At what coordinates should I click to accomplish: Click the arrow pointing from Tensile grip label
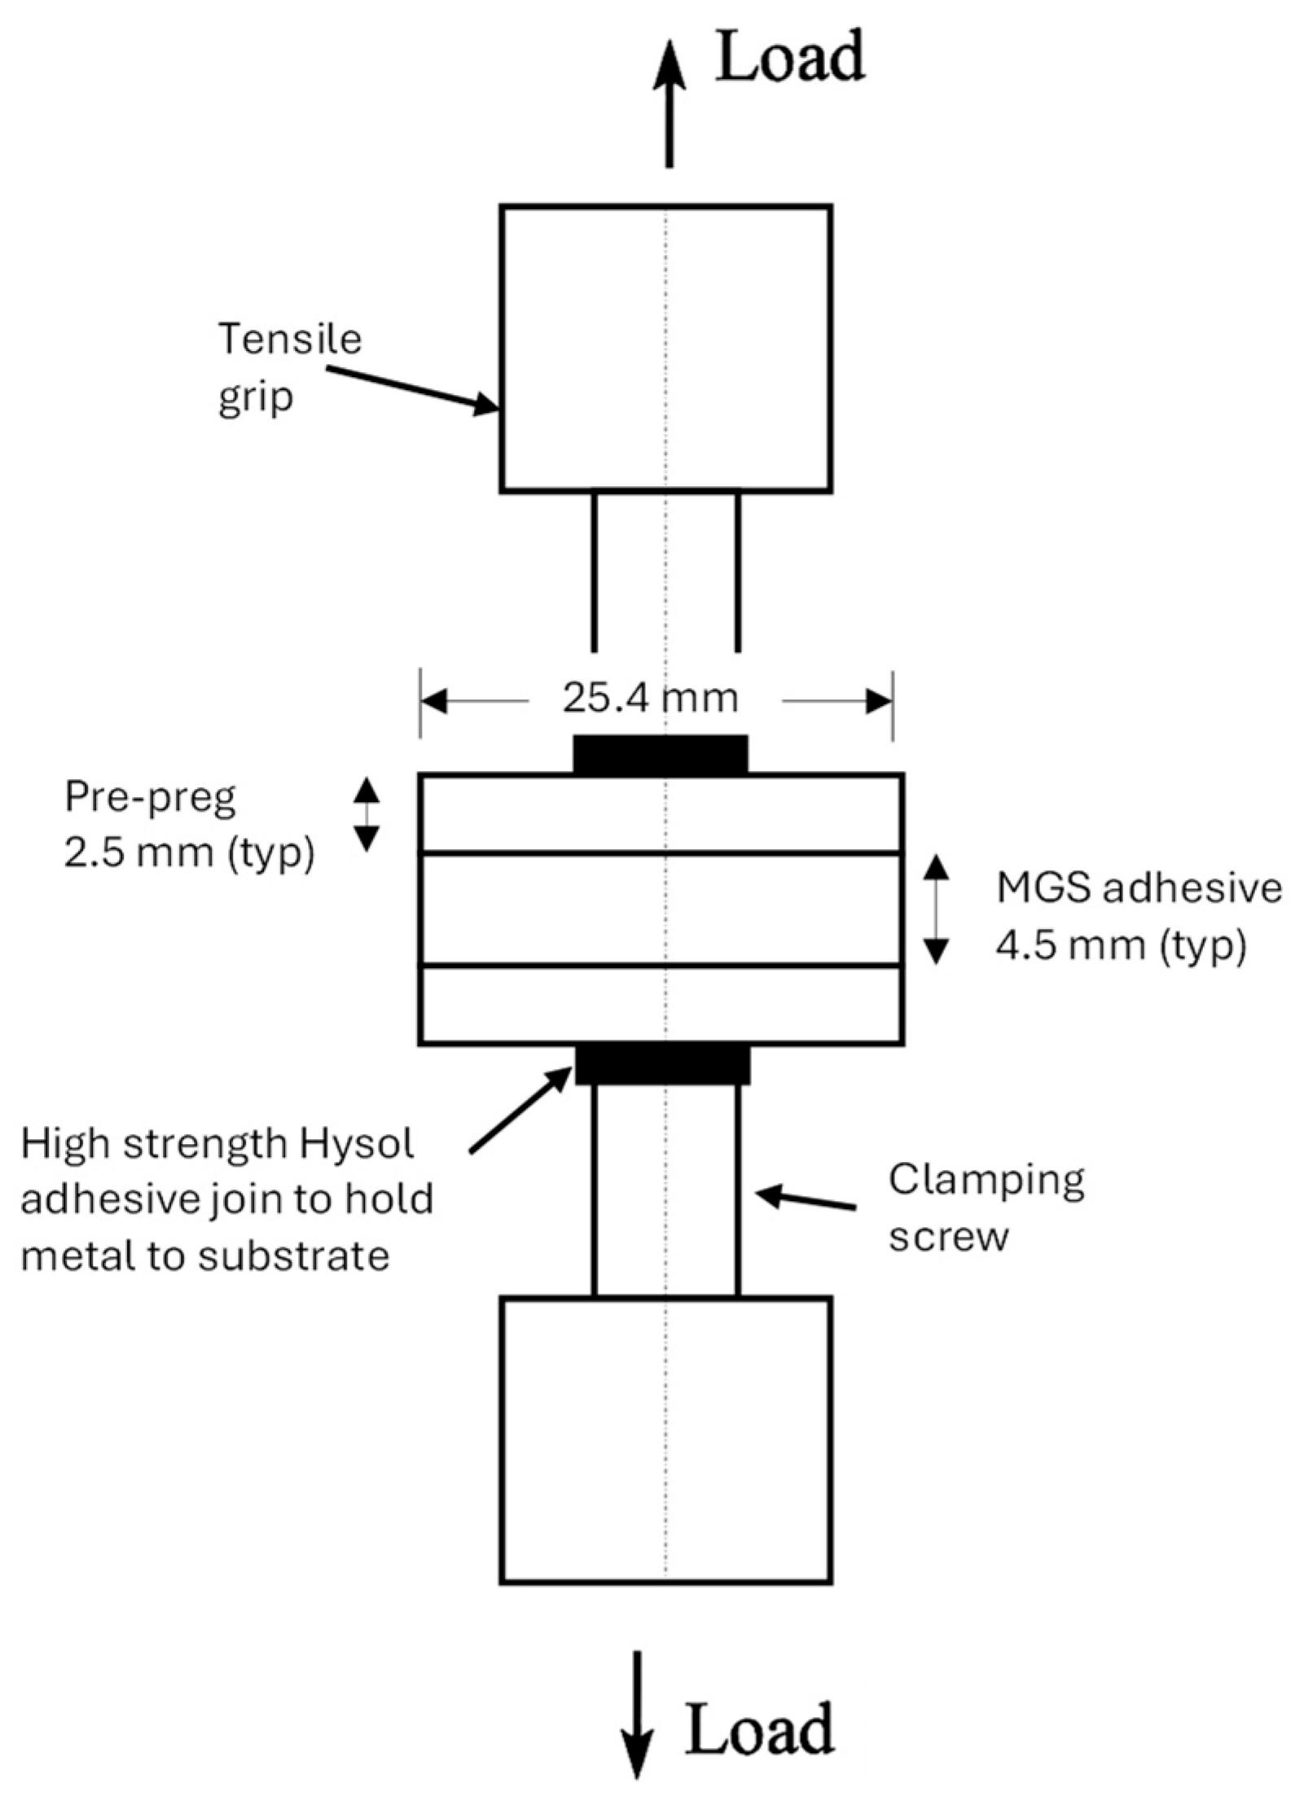point(412,388)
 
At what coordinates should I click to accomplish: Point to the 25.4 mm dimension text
point(650,699)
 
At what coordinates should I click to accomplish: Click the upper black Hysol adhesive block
point(661,754)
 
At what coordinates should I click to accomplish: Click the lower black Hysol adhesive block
point(662,1065)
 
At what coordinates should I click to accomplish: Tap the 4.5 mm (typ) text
point(1120,948)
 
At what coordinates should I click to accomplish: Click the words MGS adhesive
point(1139,889)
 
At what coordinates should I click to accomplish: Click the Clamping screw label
point(986,1207)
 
